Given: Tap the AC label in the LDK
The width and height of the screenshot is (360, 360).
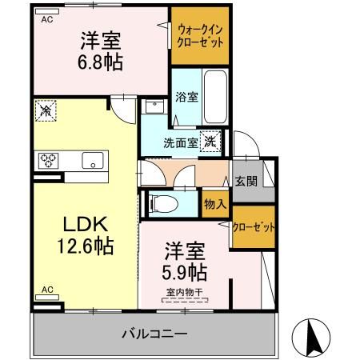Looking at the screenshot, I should point(46,288).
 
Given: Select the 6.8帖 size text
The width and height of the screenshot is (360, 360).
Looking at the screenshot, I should point(99,62).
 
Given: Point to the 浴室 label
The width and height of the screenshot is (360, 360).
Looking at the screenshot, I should point(187,96).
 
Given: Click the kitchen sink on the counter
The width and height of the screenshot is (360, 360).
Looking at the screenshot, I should point(91,160).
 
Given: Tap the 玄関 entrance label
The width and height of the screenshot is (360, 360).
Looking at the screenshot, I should point(246,181).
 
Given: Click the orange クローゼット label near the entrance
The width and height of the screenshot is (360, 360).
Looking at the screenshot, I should point(254,226).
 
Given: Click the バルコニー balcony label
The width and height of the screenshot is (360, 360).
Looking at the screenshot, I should point(155,333).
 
